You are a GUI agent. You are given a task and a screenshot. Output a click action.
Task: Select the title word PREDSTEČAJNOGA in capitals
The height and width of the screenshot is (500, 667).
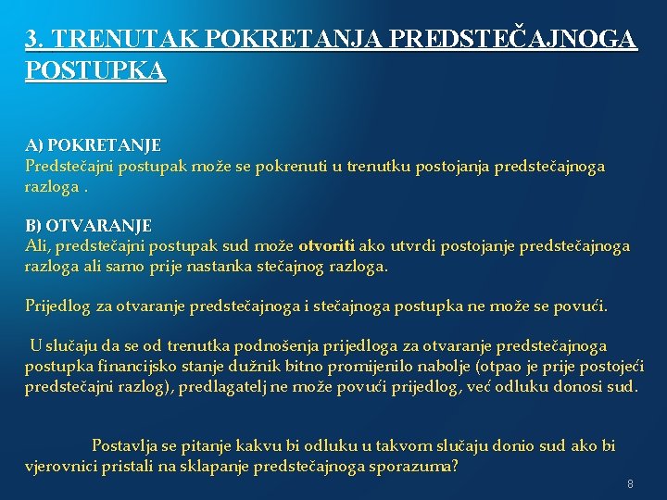pos(514,39)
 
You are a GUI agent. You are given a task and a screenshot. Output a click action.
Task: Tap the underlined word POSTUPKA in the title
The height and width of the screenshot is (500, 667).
pos(95,70)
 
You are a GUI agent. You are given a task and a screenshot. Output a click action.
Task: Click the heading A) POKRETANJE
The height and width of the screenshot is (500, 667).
pos(93,145)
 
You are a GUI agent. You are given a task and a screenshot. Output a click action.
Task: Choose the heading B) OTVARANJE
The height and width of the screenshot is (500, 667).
pos(88,225)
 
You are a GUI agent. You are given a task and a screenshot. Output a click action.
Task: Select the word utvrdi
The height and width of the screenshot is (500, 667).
pos(413,246)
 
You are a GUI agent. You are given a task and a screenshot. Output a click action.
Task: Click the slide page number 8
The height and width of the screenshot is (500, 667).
pos(630,484)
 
